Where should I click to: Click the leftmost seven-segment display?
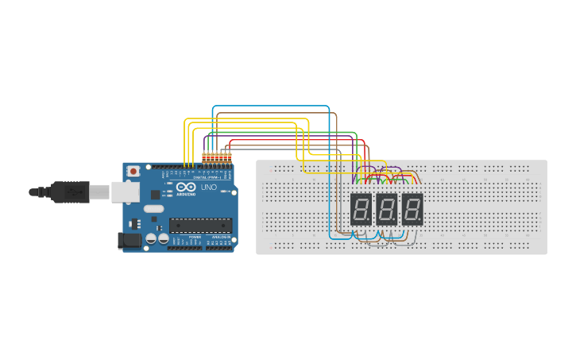361,209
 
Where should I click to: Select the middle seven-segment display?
386,209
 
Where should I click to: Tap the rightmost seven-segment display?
412,209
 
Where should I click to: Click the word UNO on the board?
208,188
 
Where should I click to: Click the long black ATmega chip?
200,225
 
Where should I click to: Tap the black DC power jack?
128,240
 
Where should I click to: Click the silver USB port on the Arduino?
124,191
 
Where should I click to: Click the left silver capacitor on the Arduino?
150,238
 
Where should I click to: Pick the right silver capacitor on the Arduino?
163,238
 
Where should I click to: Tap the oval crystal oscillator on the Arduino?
153,209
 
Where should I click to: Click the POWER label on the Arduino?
195,237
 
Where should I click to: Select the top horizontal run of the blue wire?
270,106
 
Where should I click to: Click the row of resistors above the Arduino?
217,156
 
